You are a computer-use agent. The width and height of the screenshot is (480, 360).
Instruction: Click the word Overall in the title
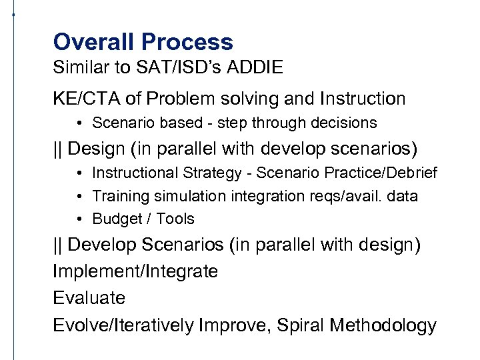95,43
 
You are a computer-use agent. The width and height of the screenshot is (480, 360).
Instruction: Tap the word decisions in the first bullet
343,123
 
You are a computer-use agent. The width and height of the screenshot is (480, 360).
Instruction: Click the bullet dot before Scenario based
79,123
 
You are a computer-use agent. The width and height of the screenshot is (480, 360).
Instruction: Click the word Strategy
213,173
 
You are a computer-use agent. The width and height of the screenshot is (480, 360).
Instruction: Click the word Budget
114,219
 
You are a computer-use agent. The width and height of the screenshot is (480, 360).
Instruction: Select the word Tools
175,219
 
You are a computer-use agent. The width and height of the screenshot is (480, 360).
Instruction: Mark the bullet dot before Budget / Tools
79,219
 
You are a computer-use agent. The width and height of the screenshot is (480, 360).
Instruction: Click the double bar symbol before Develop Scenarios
57,245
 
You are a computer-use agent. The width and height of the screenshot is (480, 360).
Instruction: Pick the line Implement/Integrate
135,271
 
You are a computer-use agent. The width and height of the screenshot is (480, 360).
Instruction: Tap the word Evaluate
89,298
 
